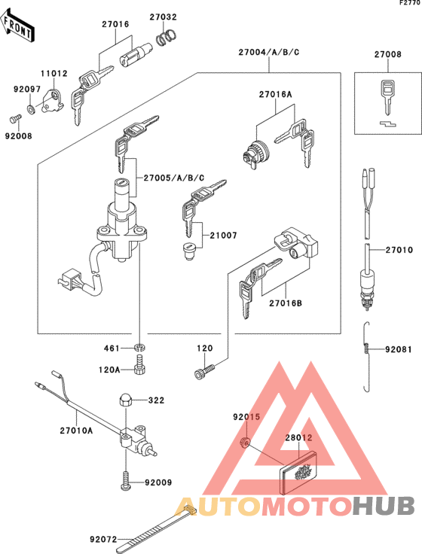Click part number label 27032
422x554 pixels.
point(163,16)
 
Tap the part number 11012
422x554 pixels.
point(54,74)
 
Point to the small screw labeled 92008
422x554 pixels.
point(14,118)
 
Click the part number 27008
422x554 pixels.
point(388,55)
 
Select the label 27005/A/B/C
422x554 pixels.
point(164,178)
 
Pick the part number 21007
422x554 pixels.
point(223,236)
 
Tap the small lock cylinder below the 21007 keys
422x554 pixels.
point(191,249)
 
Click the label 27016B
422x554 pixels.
point(286,303)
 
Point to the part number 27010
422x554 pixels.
point(399,249)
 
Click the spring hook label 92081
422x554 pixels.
point(399,349)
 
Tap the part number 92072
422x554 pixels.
point(103,539)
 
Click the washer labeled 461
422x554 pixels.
point(140,349)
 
